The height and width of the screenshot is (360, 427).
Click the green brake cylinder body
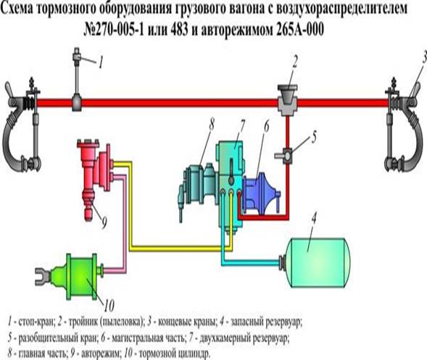[81, 277]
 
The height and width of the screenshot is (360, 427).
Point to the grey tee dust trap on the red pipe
[287, 100]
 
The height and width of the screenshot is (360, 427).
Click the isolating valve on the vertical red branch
[286, 156]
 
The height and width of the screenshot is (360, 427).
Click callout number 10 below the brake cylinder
[109, 306]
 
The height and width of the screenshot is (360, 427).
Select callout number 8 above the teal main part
[211, 125]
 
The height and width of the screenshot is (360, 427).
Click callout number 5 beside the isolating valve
[314, 137]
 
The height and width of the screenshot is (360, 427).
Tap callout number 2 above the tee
[295, 62]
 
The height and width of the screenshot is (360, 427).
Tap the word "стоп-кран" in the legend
[36, 322]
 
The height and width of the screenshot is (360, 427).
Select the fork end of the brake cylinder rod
[41, 276]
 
